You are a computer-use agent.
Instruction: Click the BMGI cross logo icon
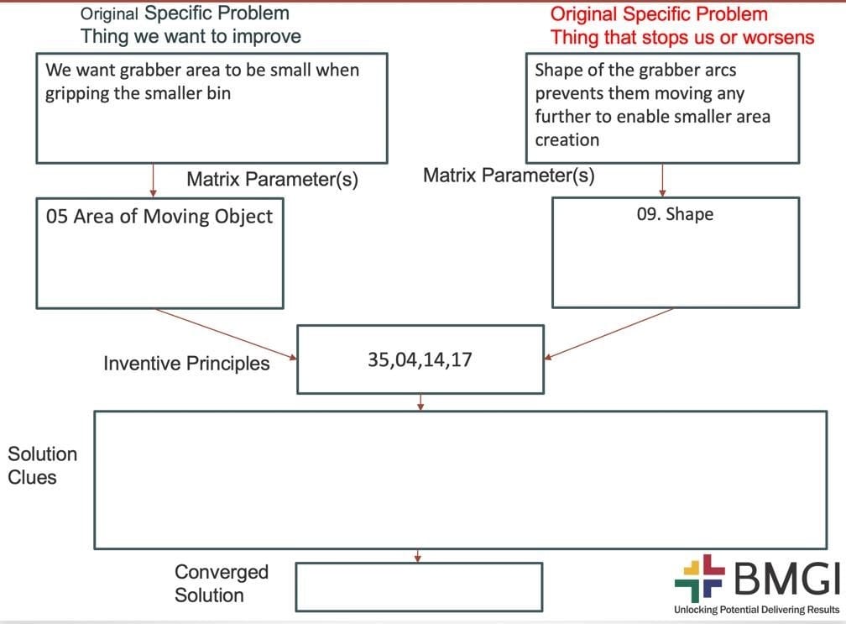(x=699, y=578)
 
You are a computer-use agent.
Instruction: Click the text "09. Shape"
(x=675, y=214)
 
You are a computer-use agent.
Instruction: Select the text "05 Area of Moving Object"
(x=159, y=217)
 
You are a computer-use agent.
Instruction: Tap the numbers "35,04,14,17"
(x=420, y=361)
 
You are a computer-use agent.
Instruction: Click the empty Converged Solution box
(x=419, y=586)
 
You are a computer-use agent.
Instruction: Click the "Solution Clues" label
(x=42, y=465)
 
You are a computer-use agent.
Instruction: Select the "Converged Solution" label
(x=222, y=584)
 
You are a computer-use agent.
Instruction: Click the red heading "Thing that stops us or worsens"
(x=681, y=37)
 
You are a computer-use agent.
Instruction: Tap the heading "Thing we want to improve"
(x=191, y=36)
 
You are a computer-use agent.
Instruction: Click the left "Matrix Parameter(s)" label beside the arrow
(x=272, y=180)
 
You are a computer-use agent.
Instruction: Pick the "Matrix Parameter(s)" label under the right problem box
(x=509, y=176)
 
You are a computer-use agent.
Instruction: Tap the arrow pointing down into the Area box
(x=154, y=180)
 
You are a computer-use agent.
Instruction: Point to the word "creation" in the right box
(x=567, y=139)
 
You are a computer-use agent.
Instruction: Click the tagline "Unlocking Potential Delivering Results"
(x=756, y=609)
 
